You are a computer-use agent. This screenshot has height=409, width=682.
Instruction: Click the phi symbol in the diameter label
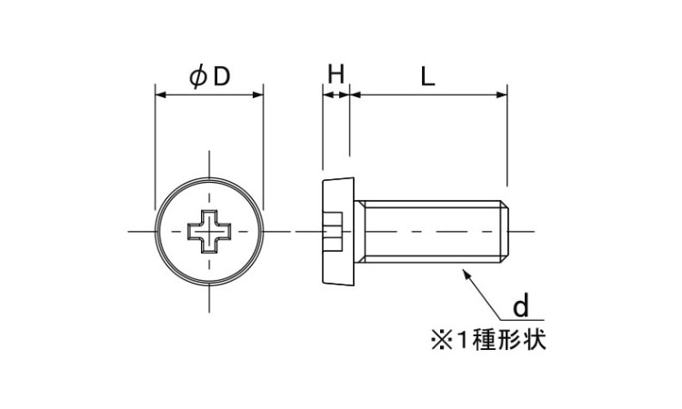tap(197, 78)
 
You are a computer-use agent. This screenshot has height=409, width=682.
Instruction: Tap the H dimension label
tap(336, 76)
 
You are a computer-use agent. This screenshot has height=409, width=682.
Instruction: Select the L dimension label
tap(427, 76)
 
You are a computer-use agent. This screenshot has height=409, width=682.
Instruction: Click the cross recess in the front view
tap(209, 233)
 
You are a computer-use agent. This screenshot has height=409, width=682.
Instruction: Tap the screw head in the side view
tap(336, 233)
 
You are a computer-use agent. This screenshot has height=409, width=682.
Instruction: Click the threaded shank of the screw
tap(427, 233)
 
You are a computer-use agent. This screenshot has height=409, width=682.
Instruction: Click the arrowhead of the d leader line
tap(466, 270)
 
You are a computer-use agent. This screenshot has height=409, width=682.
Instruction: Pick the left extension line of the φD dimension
tap(155, 145)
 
